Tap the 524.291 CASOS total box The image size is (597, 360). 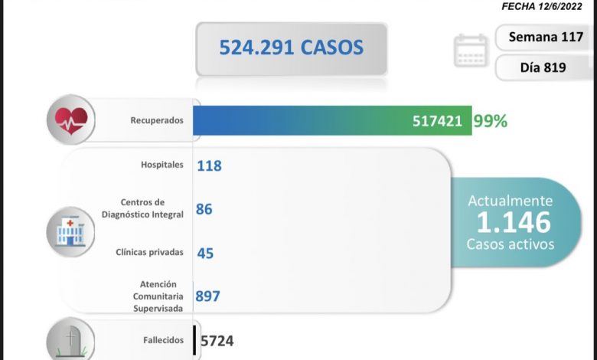pyautogui.click(x=291, y=47)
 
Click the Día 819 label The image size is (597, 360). pyautogui.click(x=543, y=67)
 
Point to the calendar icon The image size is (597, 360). pyautogui.click(x=469, y=51)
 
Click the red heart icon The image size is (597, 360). pyautogui.click(x=70, y=120)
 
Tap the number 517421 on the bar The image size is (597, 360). pyautogui.click(x=436, y=121)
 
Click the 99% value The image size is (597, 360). pyautogui.click(x=490, y=121)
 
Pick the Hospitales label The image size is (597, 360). pyautogui.click(x=162, y=165)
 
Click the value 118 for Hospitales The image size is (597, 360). pyautogui.click(x=209, y=165)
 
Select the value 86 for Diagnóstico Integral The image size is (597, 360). pyautogui.click(x=204, y=208)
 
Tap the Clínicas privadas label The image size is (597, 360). pyautogui.click(x=150, y=252)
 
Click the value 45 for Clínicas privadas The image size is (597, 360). pyautogui.click(x=204, y=253)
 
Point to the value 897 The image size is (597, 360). pyautogui.click(x=208, y=296)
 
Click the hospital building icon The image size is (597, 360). pyautogui.click(x=70, y=230)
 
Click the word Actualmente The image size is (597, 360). pyautogui.click(x=510, y=201)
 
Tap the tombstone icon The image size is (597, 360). pyautogui.click(x=70, y=340)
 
